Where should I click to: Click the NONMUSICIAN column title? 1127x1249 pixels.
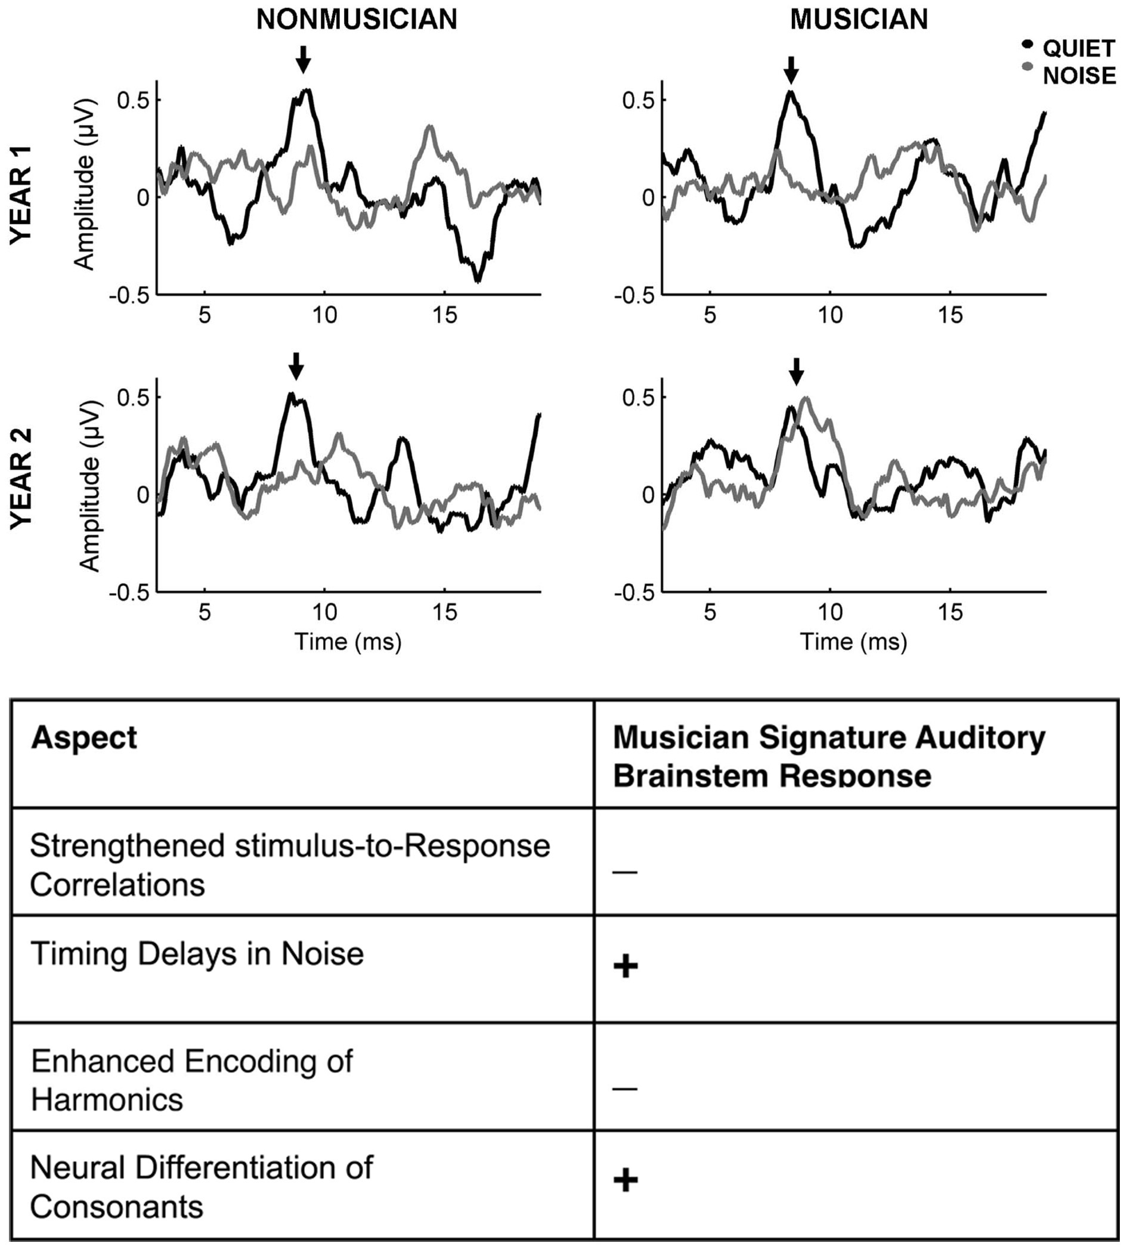(357, 20)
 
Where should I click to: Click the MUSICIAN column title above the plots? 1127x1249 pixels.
(859, 20)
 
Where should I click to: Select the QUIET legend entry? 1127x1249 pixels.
(1078, 48)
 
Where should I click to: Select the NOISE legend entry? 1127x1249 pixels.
(1078, 75)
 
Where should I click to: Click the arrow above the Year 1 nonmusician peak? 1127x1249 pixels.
(302, 60)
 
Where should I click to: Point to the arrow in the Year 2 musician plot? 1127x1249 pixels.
(797, 371)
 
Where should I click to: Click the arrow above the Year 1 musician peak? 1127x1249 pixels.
(791, 69)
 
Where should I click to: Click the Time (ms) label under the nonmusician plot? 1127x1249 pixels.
(348, 641)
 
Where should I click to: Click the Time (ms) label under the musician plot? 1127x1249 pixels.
(853, 641)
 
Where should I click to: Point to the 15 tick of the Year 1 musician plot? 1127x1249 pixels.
(950, 315)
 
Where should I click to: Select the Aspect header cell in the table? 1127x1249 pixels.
(84, 738)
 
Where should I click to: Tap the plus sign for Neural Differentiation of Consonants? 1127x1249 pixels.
(626, 1180)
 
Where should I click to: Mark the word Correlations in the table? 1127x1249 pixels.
(117, 884)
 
